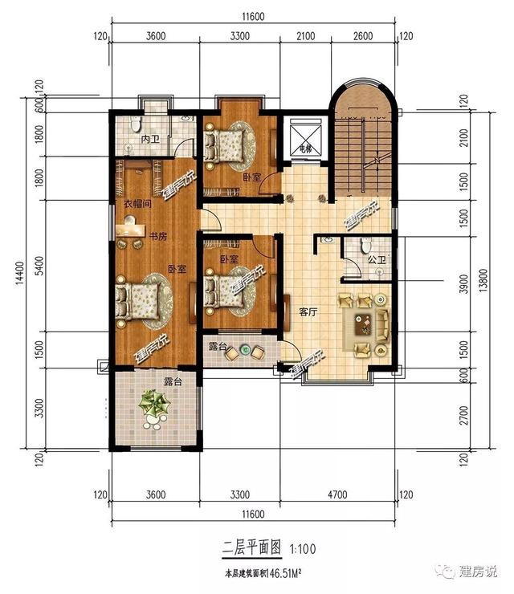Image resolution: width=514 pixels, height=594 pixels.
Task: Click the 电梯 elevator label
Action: [x=304, y=148]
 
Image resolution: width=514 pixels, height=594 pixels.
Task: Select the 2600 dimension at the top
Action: [x=363, y=36]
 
